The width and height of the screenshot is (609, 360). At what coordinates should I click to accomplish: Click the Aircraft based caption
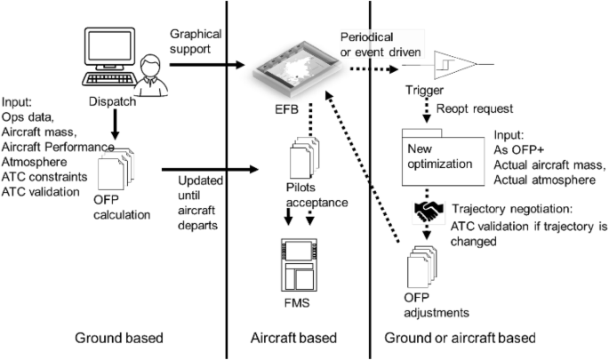pyautogui.click(x=298, y=339)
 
